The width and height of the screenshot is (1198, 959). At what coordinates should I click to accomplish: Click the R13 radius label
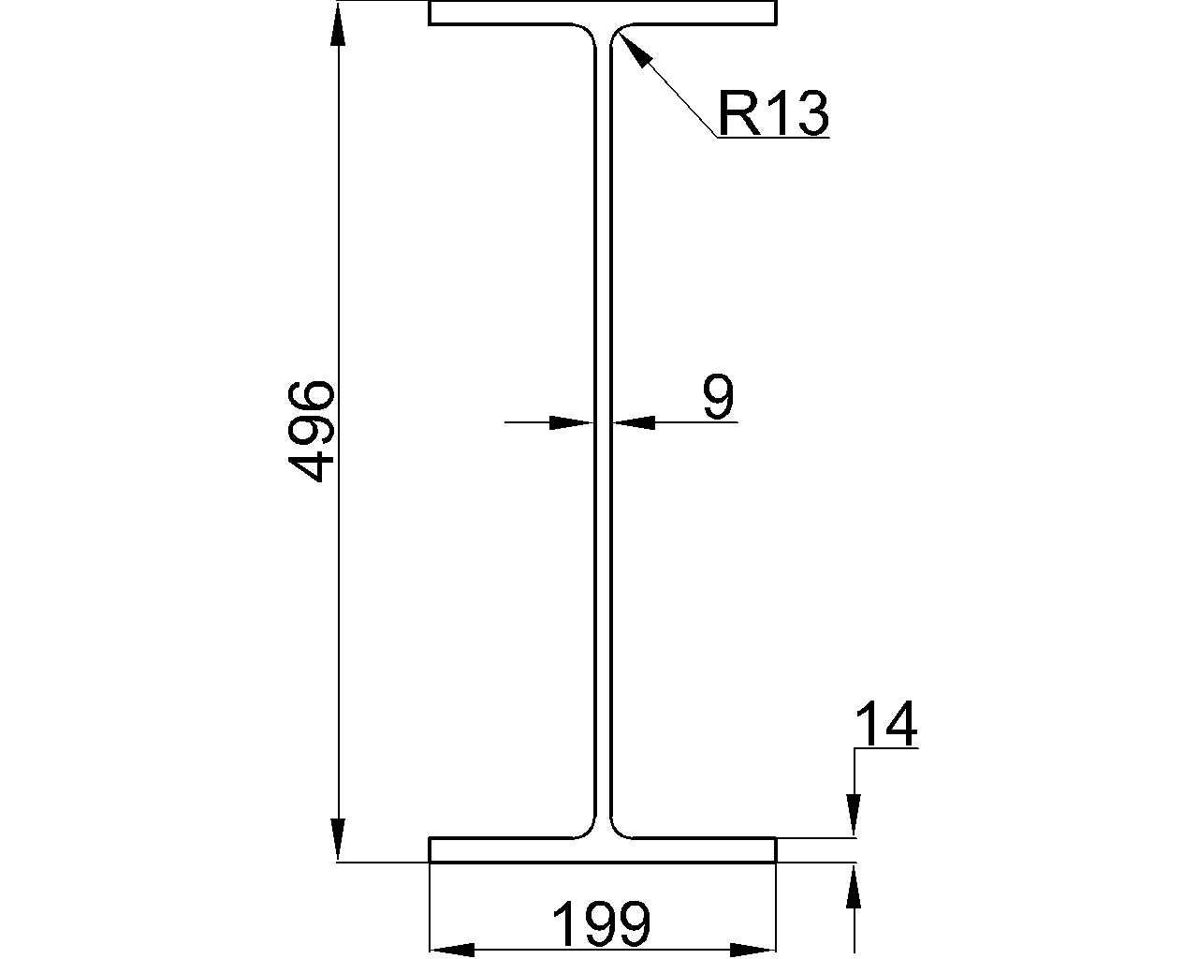point(773,113)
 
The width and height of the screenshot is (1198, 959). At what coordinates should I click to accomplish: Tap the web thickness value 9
point(719,398)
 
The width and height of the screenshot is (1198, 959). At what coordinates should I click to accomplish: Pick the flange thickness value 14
point(886,725)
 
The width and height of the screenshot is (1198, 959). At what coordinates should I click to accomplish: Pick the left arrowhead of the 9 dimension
point(571,422)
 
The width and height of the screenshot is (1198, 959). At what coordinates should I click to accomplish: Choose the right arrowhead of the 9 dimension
point(635,422)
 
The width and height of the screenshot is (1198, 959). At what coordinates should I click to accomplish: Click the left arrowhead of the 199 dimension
point(453,950)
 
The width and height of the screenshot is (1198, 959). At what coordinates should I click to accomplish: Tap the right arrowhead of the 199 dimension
point(752,950)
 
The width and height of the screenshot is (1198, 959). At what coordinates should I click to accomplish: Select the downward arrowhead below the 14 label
point(853,813)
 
